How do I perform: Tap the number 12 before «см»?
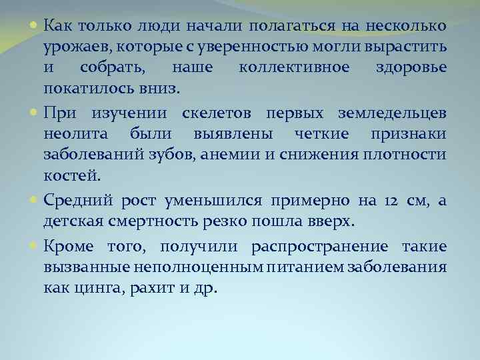click(x=393, y=201)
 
